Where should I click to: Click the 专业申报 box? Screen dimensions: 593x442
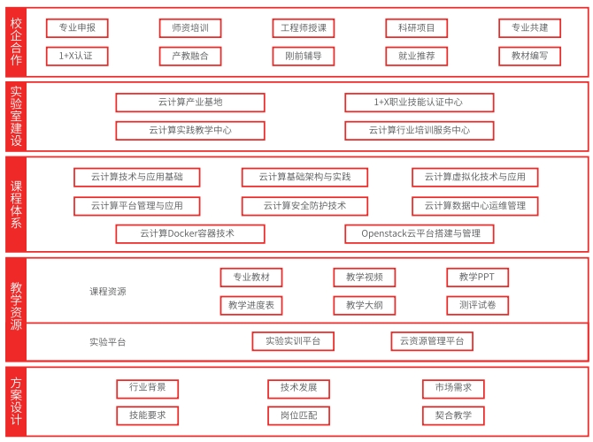pyautogui.click(x=77, y=28)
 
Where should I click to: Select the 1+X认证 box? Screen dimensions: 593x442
pyautogui.click(x=77, y=56)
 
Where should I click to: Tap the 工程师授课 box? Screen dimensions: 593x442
pyautogui.click(x=304, y=28)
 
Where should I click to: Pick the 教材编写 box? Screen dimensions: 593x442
pyautogui.click(x=529, y=56)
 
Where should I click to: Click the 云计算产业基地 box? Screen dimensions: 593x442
pyautogui.click(x=190, y=103)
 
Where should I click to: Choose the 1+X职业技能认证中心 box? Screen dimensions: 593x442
pyautogui.click(x=419, y=103)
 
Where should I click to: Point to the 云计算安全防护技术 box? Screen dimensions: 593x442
pyautogui.click(x=304, y=206)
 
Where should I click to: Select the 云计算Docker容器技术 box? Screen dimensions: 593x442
pyautogui.click(x=190, y=234)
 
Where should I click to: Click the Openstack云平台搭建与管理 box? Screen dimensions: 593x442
pyautogui.click(x=419, y=234)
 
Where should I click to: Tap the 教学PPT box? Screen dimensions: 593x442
pyautogui.click(x=477, y=278)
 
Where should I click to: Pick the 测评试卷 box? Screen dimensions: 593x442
pyautogui.click(x=477, y=305)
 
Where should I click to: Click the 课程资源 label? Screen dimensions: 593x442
pyautogui.click(x=108, y=292)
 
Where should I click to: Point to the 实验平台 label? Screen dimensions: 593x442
pyautogui.click(x=108, y=342)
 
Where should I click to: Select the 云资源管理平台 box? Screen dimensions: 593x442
pyautogui.click(x=432, y=341)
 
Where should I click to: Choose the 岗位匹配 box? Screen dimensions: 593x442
pyautogui.click(x=299, y=415)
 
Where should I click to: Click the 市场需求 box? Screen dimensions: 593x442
pyautogui.click(x=453, y=389)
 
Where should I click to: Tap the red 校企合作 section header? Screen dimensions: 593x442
pyautogui.click(x=16, y=42)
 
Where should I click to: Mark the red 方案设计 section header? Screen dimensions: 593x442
pyautogui.click(x=16, y=401)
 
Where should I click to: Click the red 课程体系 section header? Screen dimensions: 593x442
pyautogui.click(x=16, y=204)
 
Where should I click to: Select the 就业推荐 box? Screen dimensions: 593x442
pyautogui.click(x=416, y=56)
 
